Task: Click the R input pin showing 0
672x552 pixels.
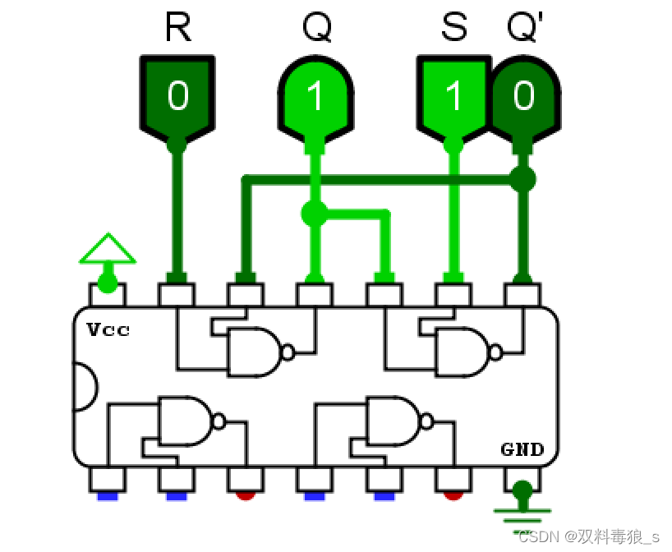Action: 177,97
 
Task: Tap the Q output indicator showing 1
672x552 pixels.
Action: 315,97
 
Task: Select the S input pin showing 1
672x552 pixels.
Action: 453,97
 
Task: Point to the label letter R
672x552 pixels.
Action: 177,28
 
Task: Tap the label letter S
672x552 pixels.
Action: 453,28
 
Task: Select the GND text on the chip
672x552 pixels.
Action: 522,449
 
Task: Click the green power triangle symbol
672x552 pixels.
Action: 107,248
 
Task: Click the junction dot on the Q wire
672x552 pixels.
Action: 313,214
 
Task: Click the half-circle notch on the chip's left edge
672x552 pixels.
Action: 85,386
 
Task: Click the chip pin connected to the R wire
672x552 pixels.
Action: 177,294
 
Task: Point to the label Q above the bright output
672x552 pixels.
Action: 316,28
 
